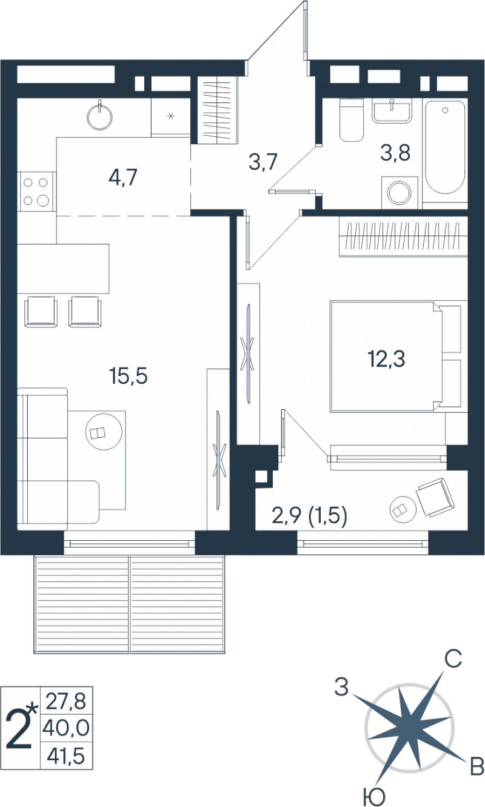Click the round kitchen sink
coord(100,116)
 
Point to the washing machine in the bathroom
coord(400,192)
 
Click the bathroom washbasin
coord(391,110)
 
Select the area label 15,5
coord(129,377)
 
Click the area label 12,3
coord(386,359)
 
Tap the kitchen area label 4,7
coord(122,178)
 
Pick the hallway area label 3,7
coord(263,162)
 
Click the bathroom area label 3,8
coord(395,153)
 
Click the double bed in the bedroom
coord(396,357)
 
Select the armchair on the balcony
coord(435,497)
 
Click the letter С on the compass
coord(453,659)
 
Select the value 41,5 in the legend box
coord(66,755)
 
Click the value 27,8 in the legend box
coord(65,702)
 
